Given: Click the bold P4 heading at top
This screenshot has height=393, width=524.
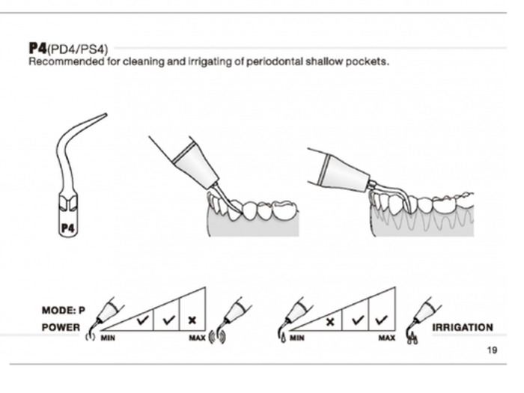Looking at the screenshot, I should point(37,49).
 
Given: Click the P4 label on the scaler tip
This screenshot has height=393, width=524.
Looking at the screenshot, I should point(68,225).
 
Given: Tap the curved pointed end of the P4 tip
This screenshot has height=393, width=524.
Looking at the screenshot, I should point(104,115).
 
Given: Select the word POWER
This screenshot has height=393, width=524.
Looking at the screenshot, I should point(61,327).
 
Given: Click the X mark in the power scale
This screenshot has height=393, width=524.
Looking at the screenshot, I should point(192,320).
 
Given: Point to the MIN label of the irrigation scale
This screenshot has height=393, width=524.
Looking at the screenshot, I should point(297,338).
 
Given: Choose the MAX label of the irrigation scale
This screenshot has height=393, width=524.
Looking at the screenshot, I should point(386,338).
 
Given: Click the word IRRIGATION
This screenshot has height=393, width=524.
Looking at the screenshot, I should point(463,327).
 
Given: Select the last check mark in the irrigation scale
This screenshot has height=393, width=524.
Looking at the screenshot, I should point(382,319).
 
